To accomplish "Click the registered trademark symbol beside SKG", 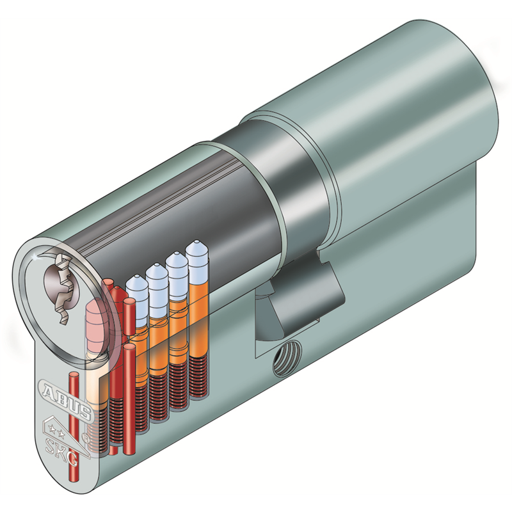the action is (x=84, y=436).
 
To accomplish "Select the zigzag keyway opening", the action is (x=63, y=287).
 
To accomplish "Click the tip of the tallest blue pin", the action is (x=196, y=242).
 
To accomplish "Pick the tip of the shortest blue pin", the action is (x=134, y=277).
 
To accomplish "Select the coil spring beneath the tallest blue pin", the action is (x=199, y=376).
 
